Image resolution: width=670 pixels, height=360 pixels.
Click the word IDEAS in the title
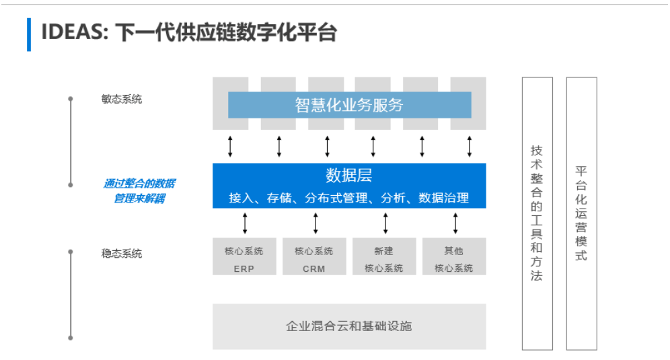(75, 32)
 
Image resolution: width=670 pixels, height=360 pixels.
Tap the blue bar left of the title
(29, 34)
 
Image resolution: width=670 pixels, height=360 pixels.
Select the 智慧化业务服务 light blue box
(350, 105)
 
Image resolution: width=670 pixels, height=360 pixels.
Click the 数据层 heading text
(348, 176)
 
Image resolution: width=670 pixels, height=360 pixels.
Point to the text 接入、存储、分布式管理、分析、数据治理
(348, 198)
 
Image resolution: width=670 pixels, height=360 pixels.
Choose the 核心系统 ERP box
(244, 256)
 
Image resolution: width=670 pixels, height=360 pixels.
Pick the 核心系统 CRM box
(314, 256)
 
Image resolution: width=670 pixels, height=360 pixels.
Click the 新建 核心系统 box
(384, 256)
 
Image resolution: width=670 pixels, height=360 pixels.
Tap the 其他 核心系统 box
(454, 256)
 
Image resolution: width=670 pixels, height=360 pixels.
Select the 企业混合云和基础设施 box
(349, 326)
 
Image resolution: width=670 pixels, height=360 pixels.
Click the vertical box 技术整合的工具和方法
(537, 214)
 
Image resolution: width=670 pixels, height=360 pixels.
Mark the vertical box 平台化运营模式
(582, 214)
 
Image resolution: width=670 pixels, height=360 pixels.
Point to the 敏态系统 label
(122, 99)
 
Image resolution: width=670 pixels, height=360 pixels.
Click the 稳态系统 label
(122, 254)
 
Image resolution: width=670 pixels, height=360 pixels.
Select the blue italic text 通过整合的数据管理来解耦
(139, 191)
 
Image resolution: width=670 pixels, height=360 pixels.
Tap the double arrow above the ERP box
(245, 223)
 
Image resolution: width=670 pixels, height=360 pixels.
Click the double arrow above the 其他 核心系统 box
(455, 223)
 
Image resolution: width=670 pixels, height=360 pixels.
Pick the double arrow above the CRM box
(315, 223)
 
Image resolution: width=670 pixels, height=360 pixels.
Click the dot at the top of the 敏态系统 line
(71, 99)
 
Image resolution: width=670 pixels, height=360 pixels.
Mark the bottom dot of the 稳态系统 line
(71, 338)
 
